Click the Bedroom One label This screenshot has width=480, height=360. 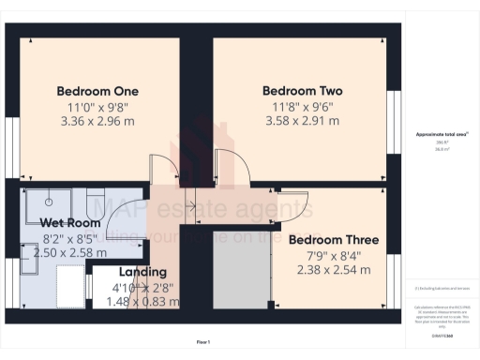(97, 91)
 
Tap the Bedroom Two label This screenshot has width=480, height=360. (302, 91)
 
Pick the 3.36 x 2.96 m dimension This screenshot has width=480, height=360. (97, 121)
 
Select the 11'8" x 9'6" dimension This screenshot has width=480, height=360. (302, 106)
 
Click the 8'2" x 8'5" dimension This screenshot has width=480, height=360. (70, 238)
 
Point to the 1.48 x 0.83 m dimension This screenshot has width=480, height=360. (142, 301)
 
